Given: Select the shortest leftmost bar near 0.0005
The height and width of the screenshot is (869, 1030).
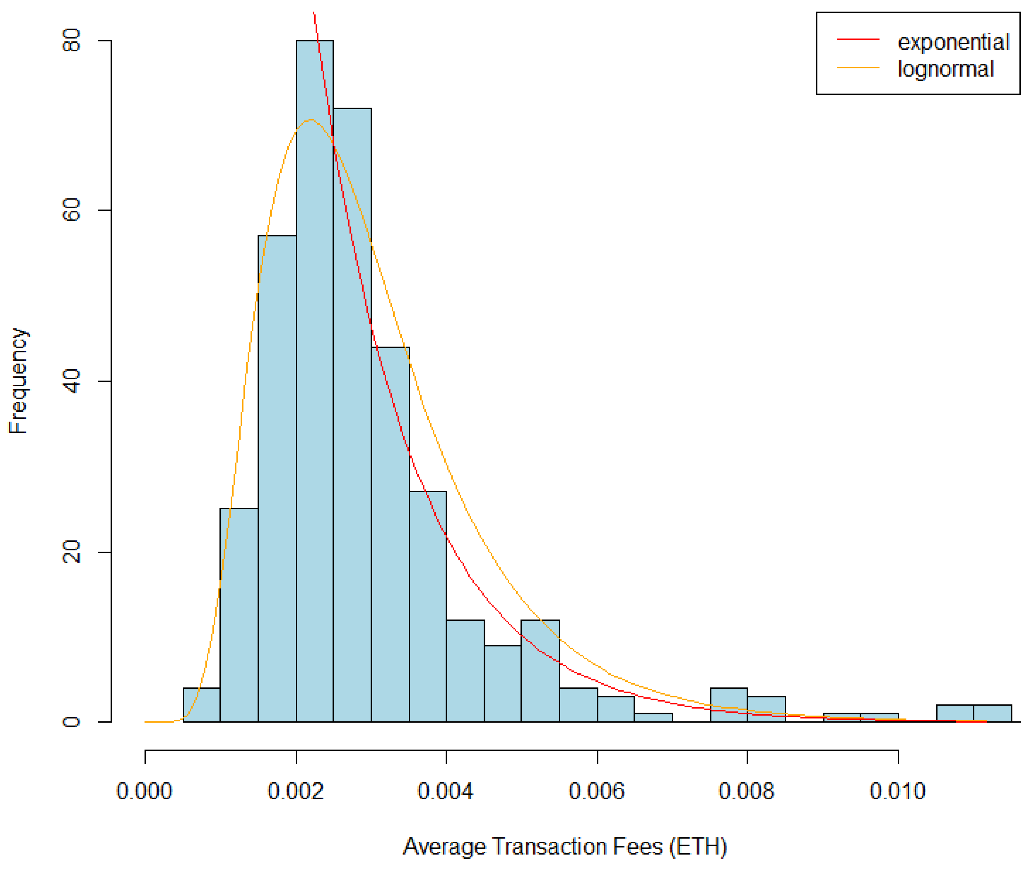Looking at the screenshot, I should coord(201,705).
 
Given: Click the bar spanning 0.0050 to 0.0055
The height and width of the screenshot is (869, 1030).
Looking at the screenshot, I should coord(540,670).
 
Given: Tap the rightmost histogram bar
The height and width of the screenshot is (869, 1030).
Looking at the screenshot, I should coord(992,713).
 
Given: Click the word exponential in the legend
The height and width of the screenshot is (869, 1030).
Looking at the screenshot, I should coord(953,42).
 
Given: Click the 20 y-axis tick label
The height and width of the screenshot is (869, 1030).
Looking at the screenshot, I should coord(71,551).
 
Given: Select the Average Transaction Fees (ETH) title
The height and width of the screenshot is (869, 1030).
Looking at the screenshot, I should coord(564,846).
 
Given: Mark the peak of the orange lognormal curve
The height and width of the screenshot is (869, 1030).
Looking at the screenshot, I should coord(310,120).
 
